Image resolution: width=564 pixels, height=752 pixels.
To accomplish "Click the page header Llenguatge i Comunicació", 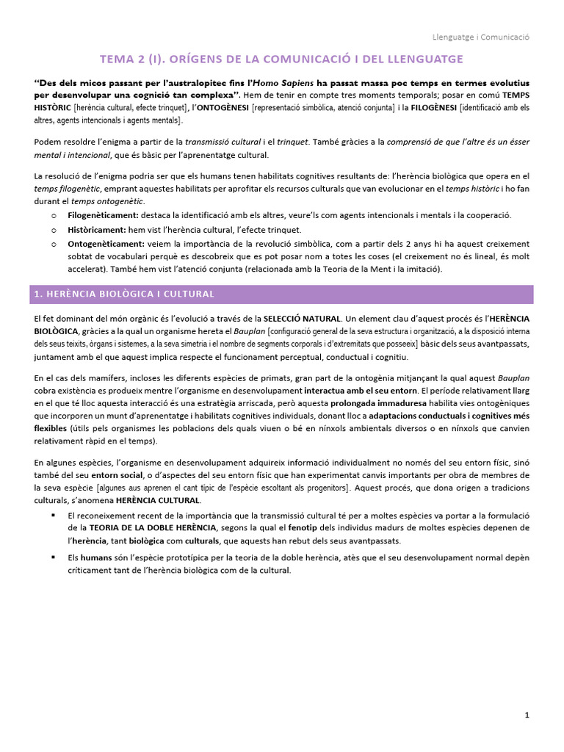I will click(480, 36).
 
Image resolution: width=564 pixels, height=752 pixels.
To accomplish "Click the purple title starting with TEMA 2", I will click(282, 58).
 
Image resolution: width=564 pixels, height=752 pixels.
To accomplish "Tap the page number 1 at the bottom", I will click(527, 714).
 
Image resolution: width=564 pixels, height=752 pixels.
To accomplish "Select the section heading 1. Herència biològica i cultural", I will click(124, 294).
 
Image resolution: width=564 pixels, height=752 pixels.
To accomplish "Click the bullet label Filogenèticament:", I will click(103, 214).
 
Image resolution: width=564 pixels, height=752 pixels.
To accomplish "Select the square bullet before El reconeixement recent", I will click(54, 515).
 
